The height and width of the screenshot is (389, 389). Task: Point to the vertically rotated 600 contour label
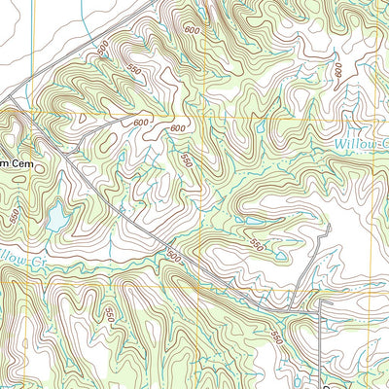340,69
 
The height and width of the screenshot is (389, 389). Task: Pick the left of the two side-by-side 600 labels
141,123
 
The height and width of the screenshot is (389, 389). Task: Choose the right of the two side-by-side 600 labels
177,129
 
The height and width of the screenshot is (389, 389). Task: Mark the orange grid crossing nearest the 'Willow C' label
380,113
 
